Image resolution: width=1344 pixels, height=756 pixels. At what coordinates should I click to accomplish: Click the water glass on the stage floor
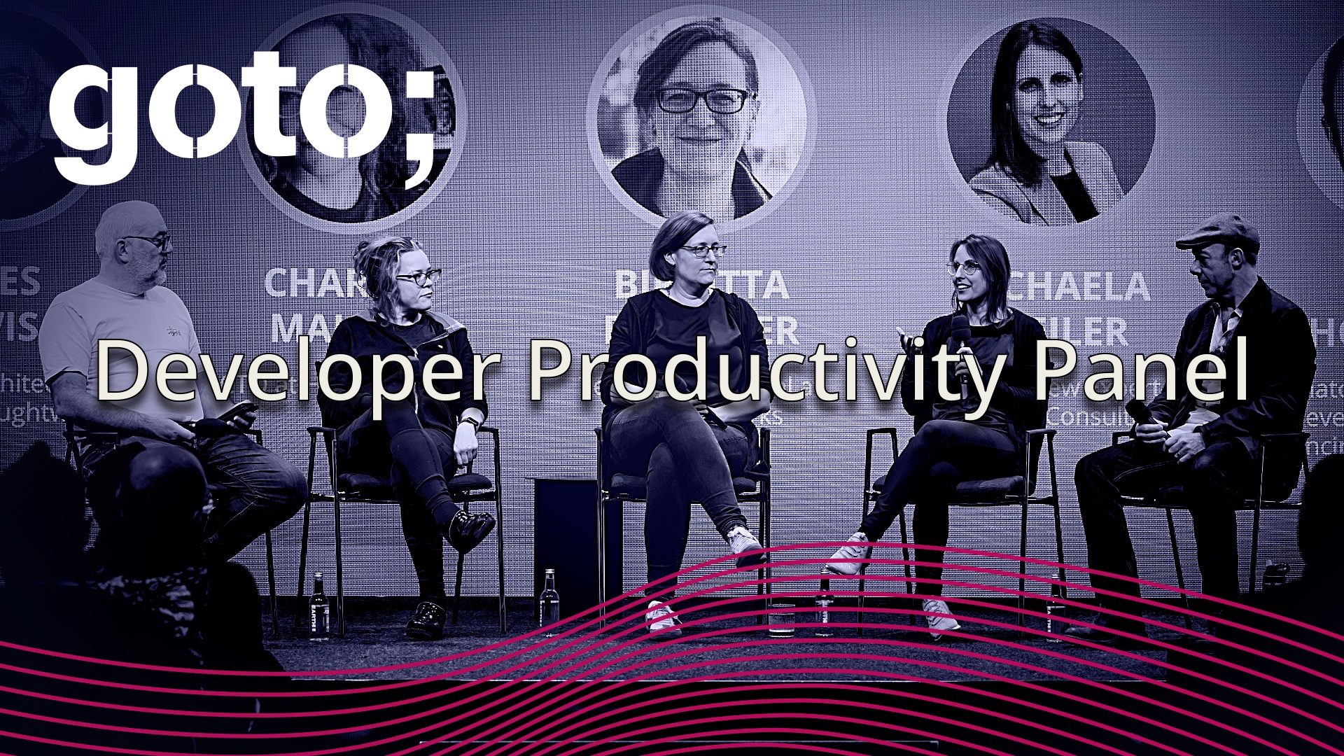tap(781, 619)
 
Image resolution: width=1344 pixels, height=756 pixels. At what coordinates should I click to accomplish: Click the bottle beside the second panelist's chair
tap(319, 606)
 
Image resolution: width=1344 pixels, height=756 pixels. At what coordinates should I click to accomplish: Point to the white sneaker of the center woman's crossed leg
tap(743, 542)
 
